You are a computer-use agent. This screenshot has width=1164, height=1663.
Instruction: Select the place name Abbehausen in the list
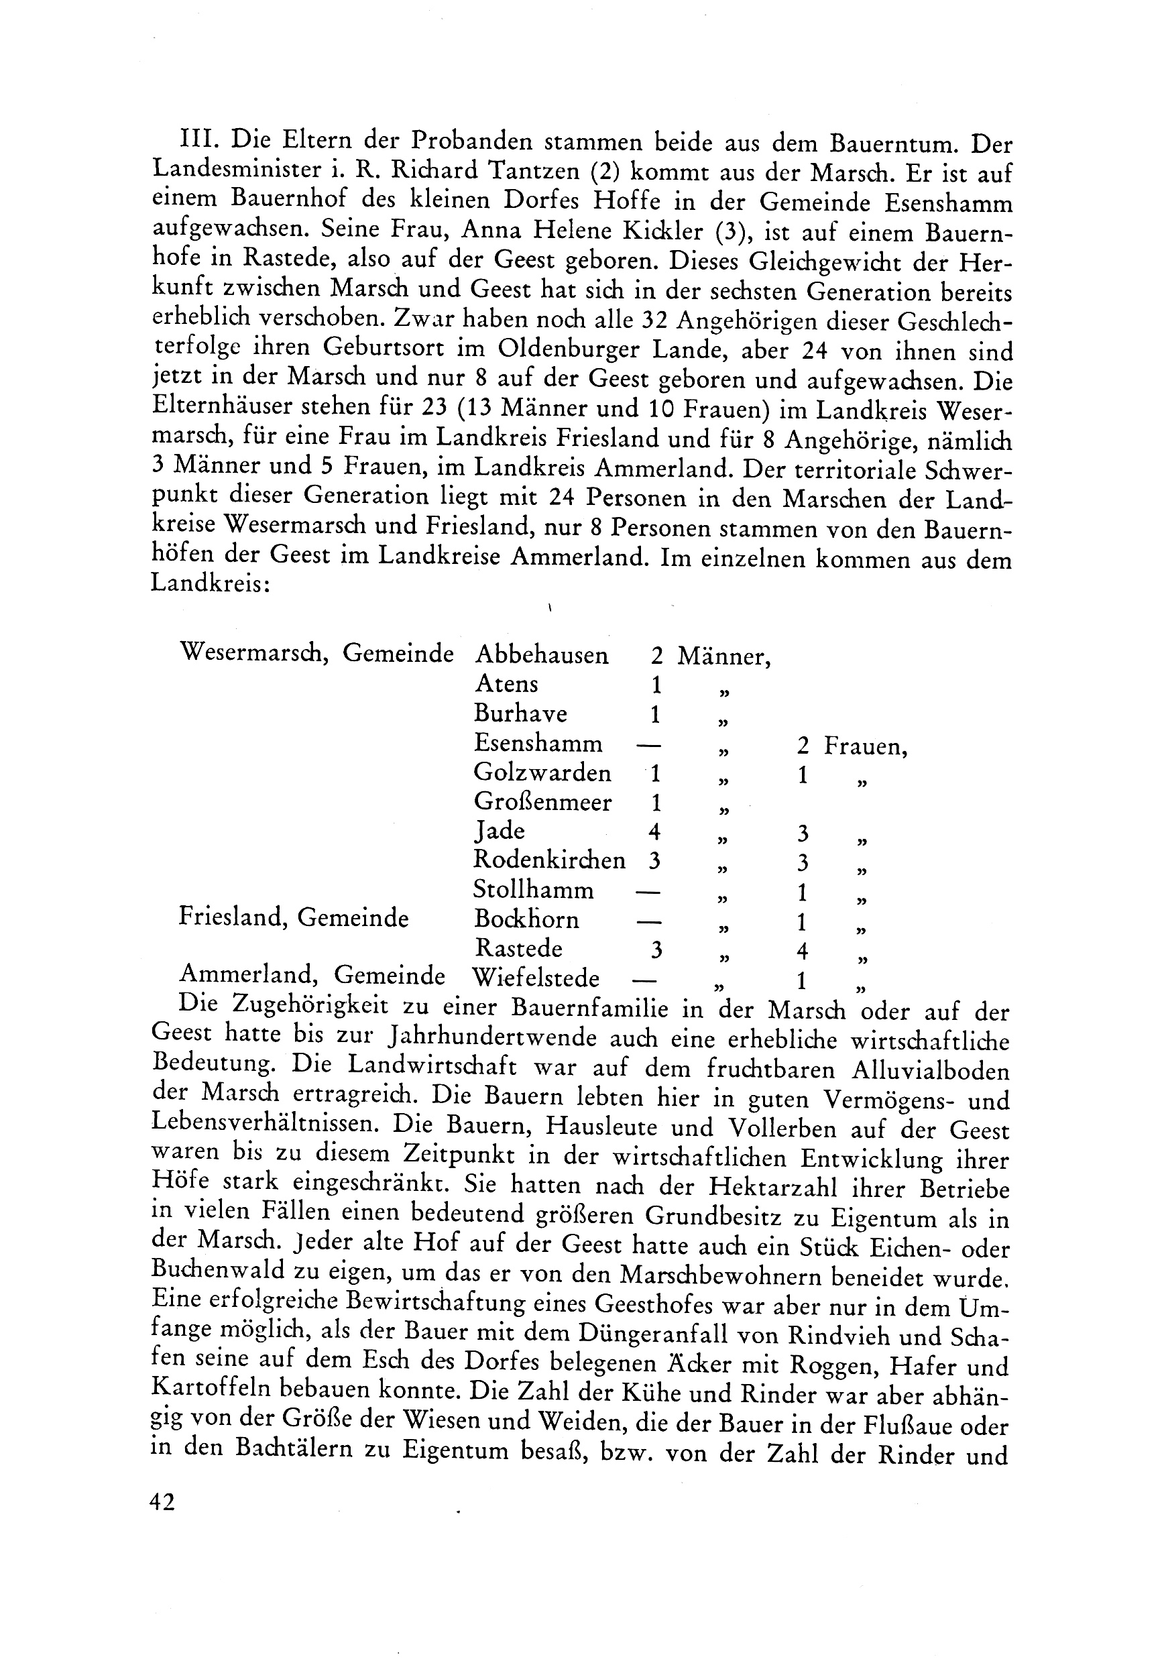pyautogui.click(x=541, y=656)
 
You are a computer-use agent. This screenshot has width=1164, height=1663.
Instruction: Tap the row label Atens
pyautogui.click(x=506, y=684)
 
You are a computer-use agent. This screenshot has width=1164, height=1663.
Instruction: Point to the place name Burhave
pyautogui.click(x=520, y=713)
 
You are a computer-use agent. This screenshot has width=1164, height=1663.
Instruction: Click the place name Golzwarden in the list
pyautogui.click(x=542, y=773)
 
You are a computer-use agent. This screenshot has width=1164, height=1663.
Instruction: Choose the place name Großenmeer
pyautogui.click(x=542, y=803)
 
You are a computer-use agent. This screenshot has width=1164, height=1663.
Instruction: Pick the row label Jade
pyautogui.click(x=499, y=831)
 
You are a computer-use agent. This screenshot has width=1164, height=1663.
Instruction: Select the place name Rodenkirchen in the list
pyautogui.click(x=549, y=860)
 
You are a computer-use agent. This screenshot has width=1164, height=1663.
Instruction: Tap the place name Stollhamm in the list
pyautogui.click(x=533, y=889)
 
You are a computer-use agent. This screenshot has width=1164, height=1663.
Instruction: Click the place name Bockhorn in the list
pyautogui.click(x=526, y=919)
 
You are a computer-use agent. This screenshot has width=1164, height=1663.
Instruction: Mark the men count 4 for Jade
pyautogui.click(x=655, y=831)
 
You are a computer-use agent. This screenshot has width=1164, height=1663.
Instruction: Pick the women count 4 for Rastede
pyautogui.click(x=802, y=950)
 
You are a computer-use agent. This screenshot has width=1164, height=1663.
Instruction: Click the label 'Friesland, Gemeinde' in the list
pyautogui.click(x=294, y=919)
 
